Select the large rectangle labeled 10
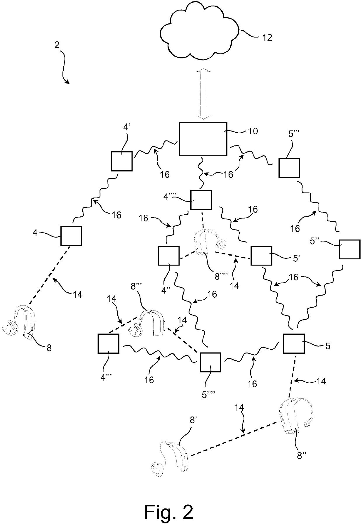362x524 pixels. [203, 139]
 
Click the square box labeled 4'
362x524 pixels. [122, 161]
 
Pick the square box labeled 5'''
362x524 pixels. [289, 168]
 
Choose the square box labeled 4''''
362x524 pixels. [201, 200]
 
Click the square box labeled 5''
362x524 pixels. [349, 249]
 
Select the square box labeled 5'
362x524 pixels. [261, 256]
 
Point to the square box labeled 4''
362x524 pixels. [168, 256]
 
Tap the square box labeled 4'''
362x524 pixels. [108, 343]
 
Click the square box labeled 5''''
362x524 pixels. [210, 362]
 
